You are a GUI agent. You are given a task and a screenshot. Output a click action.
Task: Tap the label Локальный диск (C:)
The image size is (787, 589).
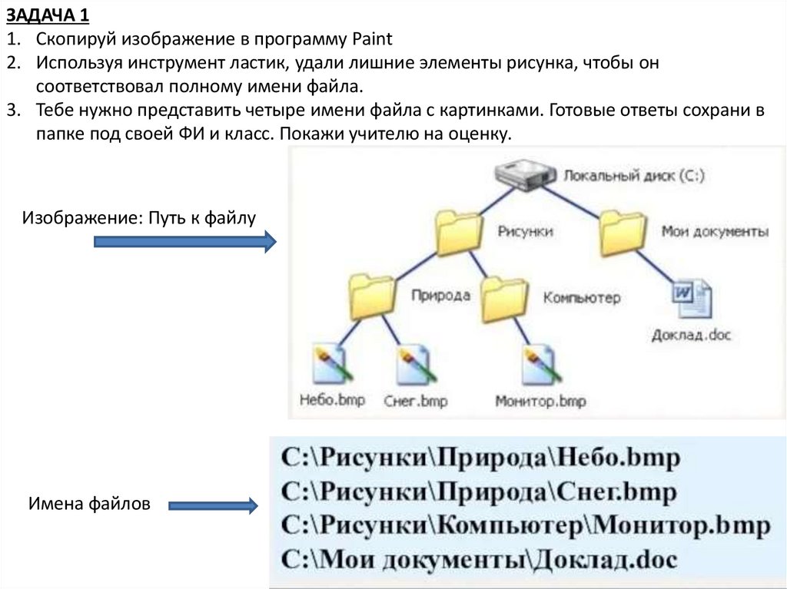click(634, 176)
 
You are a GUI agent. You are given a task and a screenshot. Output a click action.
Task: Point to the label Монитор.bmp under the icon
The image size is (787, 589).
click(540, 401)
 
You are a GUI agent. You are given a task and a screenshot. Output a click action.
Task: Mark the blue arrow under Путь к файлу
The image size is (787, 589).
click(184, 243)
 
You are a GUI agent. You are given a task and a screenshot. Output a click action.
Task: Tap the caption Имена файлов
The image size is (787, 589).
click(90, 504)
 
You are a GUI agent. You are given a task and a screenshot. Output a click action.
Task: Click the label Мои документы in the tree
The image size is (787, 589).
click(715, 232)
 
